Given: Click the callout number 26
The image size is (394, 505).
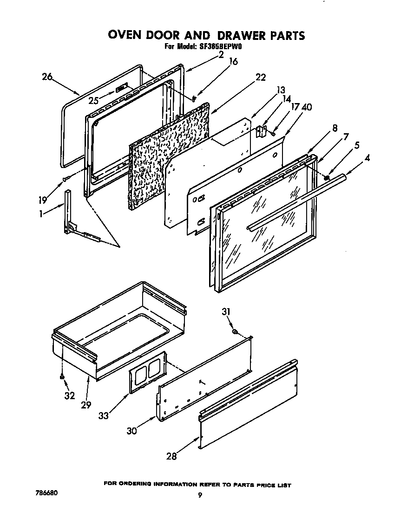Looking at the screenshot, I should tap(47, 77).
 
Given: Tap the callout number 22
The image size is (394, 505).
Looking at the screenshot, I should tap(261, 78).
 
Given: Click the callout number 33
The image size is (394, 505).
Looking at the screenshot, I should tap(103, 415).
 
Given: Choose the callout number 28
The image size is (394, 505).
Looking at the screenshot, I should tap(172, 456).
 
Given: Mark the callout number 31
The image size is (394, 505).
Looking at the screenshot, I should tap(226, 312).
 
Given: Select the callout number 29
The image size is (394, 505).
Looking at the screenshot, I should tap(85, 405).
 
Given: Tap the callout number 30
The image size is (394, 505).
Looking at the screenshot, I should tap(132, 430).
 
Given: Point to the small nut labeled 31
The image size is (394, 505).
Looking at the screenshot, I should tap(236, 331).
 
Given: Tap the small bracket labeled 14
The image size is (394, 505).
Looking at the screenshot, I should tap(262, 132).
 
